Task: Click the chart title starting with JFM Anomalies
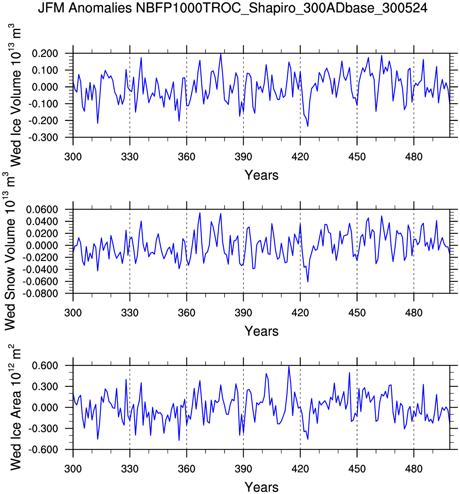pos(233,8)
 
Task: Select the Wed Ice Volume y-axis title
pos(15,95)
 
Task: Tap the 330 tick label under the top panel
pos(130,157)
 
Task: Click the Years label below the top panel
pos(261,175)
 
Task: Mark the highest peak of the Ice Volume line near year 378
pos(220,54)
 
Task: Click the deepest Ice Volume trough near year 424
pos(308,126)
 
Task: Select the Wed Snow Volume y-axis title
pos(10,252)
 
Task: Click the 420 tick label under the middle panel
pos(300,313)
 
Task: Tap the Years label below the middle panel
pos(261,331)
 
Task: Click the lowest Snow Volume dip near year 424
pos(308,282)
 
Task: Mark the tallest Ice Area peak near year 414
pos(289,366)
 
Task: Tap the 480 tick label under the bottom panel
pos(413,469)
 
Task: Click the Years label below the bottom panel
pos(261,487)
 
